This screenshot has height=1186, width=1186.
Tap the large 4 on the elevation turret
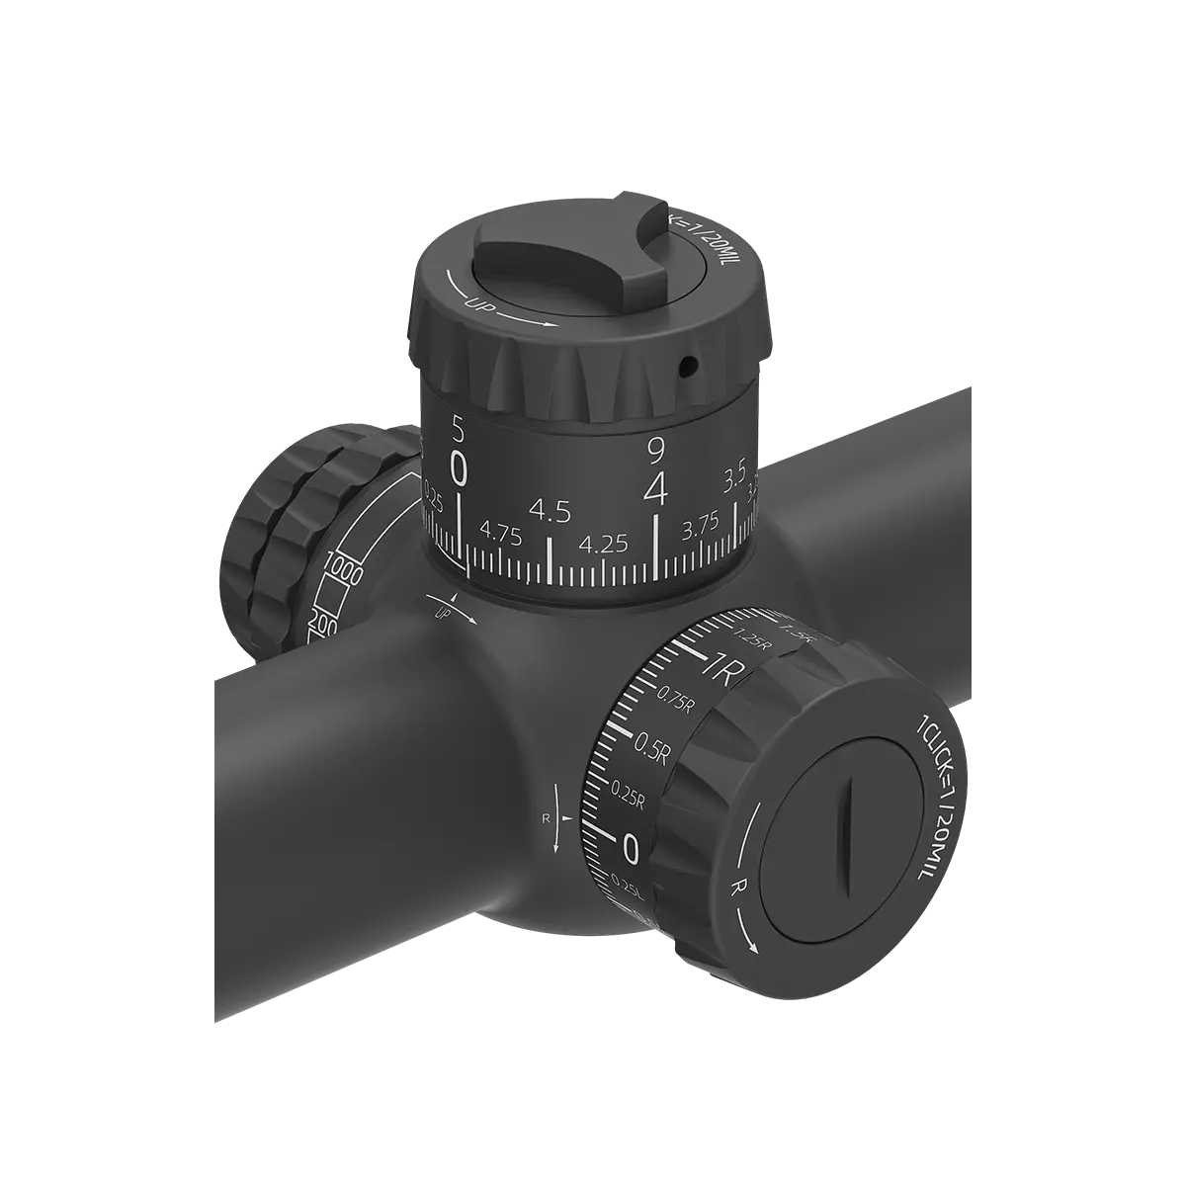click(655, 489)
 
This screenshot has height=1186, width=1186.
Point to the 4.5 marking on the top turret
click(550, 511)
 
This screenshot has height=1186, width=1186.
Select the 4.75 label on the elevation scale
click(500, 535)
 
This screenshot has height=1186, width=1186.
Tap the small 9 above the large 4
click(654, 451)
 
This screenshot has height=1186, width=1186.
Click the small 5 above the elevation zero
click(457, 428)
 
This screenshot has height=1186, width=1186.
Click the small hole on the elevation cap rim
click(689, 367)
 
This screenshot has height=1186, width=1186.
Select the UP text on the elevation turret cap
click(475, 301)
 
